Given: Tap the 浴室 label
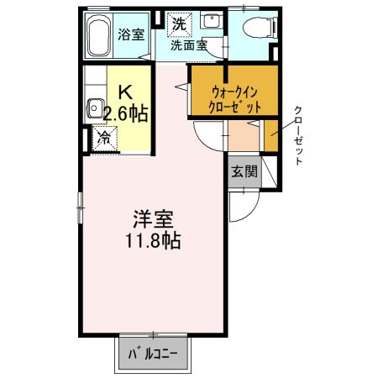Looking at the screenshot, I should tap(131, 34).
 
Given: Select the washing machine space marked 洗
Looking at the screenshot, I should tap(179, 24).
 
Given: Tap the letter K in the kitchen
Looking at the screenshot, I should tap(123, 92).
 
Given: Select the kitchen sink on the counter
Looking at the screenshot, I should tap(96, 108).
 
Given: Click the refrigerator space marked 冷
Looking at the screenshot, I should tap(105, 135).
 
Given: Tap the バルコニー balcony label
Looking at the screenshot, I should tap(153, 354).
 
